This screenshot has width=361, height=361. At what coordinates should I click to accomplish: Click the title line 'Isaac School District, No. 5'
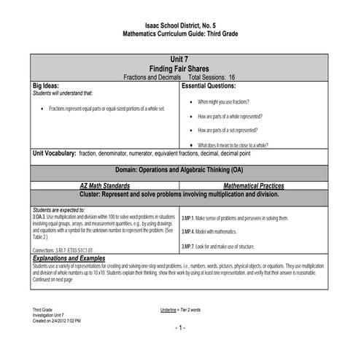179,26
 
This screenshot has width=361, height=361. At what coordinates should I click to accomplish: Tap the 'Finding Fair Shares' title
179,68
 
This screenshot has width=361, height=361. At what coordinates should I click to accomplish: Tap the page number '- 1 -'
180,327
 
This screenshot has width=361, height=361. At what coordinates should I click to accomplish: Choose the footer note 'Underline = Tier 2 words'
180,310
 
